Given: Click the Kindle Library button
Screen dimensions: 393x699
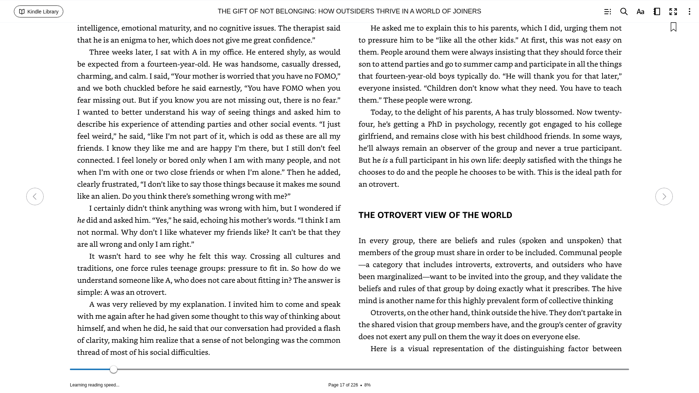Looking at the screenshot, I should tap(39, 12).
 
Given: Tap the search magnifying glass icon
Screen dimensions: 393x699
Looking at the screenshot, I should tap(624, 12).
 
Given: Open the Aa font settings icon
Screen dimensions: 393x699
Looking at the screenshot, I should tap(640, 12).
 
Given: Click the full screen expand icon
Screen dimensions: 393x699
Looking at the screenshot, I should tap(673, 12).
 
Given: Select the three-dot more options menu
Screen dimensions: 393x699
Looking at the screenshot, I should tap(689, 12).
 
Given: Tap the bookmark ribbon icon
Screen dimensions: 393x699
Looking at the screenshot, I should tap(674, 27).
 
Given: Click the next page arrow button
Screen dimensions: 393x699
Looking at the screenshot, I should tap(664, 196).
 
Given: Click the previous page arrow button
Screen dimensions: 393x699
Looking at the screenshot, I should tap(35, 196).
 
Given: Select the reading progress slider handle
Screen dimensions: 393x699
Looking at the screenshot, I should tap(114, 369).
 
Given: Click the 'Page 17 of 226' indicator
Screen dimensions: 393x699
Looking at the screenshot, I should tap(343, 385).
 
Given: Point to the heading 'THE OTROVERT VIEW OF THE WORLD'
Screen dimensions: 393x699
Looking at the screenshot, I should tap(435, 215).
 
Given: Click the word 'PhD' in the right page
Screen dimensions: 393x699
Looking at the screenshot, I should tap(435, 124).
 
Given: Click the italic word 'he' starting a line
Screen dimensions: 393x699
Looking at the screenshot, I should tap(81, 220).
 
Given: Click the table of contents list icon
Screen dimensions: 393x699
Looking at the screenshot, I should tap(607, 12).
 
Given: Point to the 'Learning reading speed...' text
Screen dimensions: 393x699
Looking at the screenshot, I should tap(95, 385).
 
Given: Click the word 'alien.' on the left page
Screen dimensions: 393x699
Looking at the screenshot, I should tap(110, 196).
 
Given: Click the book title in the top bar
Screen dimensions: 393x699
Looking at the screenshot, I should tap(349, 11).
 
